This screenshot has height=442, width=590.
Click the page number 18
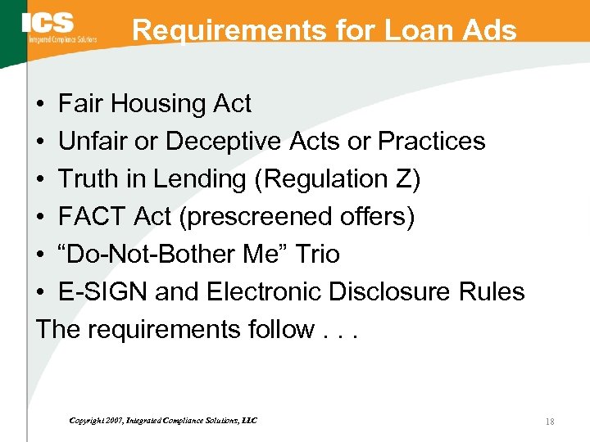(549, 421)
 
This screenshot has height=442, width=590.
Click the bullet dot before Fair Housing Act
(40, 105)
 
